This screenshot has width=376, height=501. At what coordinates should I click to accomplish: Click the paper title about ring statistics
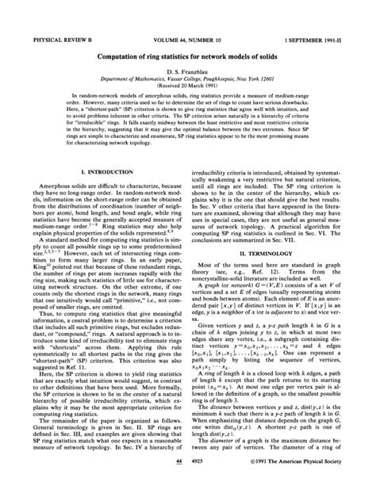coord(187,35)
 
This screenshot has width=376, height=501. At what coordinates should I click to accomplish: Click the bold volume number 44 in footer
coord(179,484)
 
